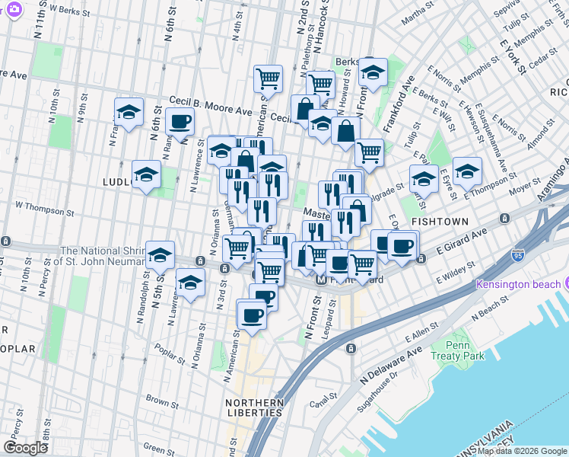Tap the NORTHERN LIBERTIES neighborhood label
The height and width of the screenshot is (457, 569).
[x=255, y=407]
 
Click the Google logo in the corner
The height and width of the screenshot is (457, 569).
[x=25, y=448]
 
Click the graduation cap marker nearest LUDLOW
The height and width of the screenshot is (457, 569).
[x=146, y=174]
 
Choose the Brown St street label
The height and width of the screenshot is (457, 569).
[x=162, y=399]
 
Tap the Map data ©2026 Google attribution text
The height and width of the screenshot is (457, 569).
[x=521, y=451]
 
